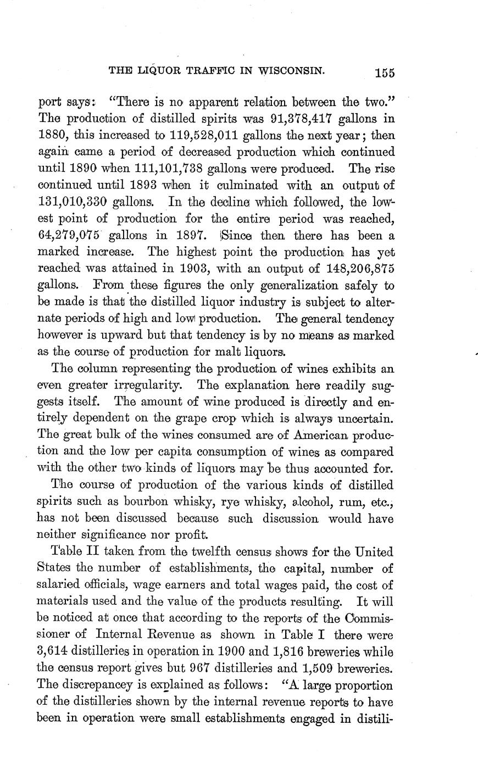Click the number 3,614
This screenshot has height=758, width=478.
point(56,652)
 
